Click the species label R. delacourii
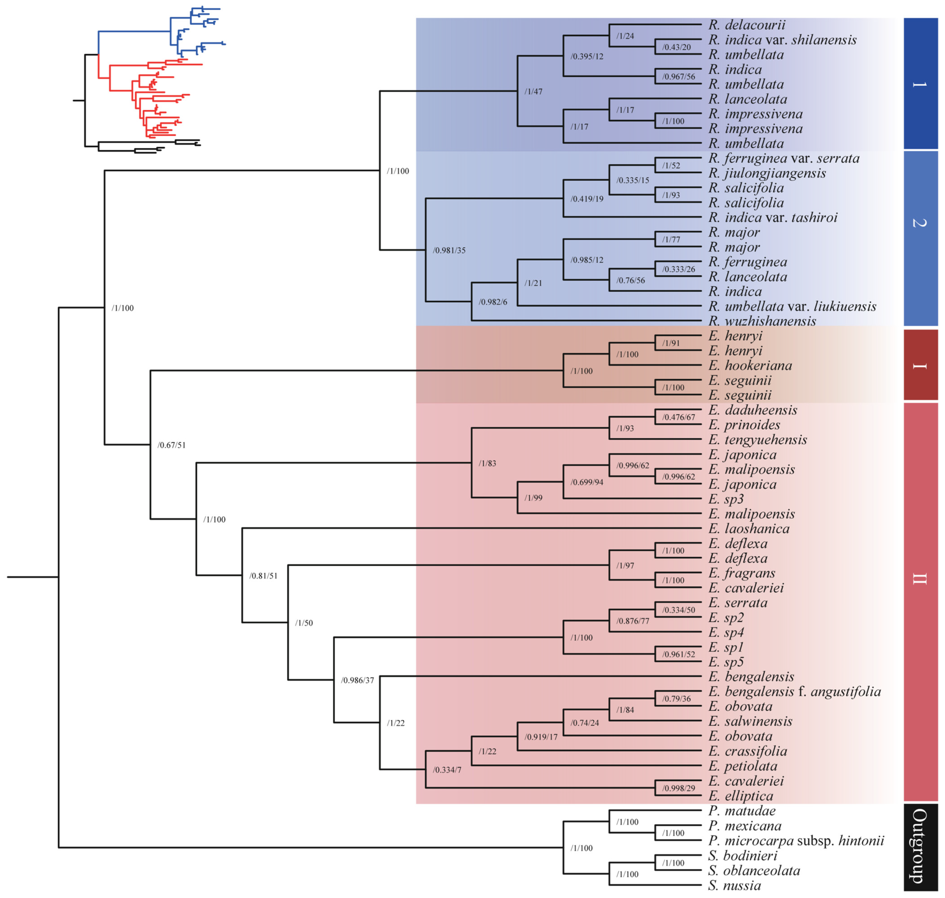click(x=747, y=25)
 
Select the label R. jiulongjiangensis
click(x=767, y=173)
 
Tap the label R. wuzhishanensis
click(x=762, y=321)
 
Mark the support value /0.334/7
click(x=447, y=770)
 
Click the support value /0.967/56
click(x=678, y=77)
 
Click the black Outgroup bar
click(x=920, y=846)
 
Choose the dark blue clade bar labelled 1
click(x=920, y=84)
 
